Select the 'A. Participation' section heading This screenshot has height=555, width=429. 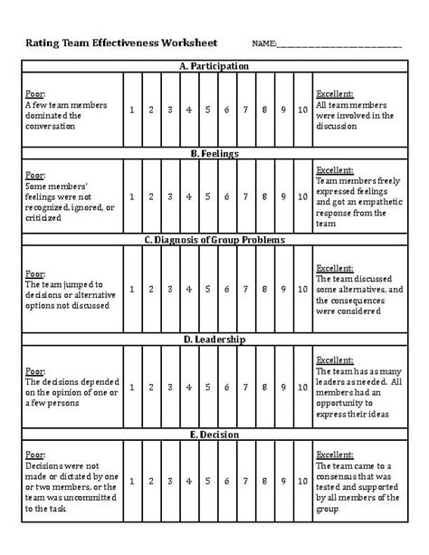(214, 66)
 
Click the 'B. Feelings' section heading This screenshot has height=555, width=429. (214, 154)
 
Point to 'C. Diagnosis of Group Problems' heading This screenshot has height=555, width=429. (214, 240)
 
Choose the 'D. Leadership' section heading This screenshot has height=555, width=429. (214, 340)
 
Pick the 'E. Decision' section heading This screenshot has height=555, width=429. (214, 435)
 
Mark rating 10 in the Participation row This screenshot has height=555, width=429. (301, 110)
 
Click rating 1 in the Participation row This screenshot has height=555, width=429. (132, 110)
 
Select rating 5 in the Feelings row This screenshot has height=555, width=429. (207, 196)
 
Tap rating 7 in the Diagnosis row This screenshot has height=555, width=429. (245, 289)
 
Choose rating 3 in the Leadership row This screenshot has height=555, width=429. (169, 387)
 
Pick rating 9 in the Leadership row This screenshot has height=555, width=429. (282, 387)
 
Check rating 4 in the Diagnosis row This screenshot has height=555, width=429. (188, 289)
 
